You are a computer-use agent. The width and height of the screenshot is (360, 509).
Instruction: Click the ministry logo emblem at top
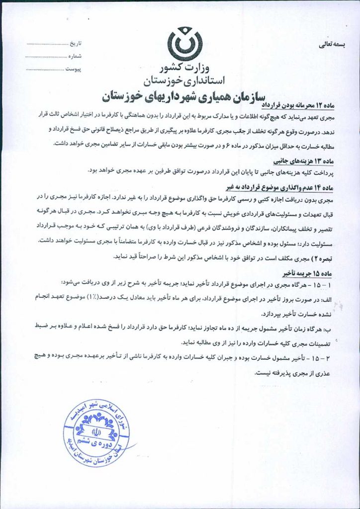(x=185, y=45)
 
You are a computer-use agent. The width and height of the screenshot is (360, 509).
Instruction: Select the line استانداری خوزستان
(x=185, y=80)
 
